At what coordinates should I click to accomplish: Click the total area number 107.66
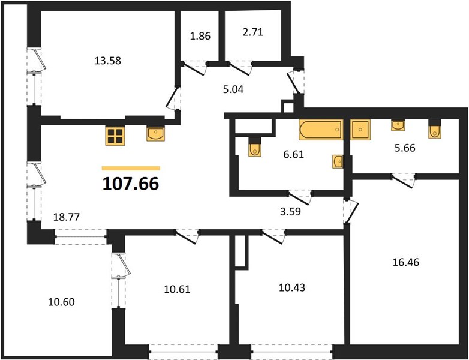[x=131, y=184]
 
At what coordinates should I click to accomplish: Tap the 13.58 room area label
[x=108, y=61]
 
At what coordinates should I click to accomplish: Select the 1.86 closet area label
[x=200, y=36]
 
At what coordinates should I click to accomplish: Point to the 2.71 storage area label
[x=253, y=32]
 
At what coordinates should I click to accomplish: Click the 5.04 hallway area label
[x=233, y=89]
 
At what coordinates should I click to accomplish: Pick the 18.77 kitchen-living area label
[x=67, y=217]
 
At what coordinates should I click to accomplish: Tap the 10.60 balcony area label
[x=61, y=302]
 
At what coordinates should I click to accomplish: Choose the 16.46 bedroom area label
[x=406, y=262]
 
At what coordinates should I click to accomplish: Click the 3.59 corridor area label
[x=290, y=212]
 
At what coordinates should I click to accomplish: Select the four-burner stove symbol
[x=115, y=136]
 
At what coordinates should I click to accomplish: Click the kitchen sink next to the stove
[x=155, y=133]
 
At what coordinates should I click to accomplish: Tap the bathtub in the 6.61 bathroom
[x=321, y=130]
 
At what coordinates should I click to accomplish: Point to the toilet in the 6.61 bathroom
[x=255, y=147]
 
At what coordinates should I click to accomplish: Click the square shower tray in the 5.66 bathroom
[x=360, y=129]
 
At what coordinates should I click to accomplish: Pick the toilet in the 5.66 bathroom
[x=434, y=129]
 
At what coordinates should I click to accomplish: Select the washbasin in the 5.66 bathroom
[x=398, y=125]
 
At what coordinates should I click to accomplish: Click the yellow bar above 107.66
[x=131, y=168]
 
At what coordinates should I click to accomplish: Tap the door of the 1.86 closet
[x=194, y=68]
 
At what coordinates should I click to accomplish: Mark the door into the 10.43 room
[x=273, y=236]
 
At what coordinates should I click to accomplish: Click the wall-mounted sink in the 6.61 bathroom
[x=338, y=161]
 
